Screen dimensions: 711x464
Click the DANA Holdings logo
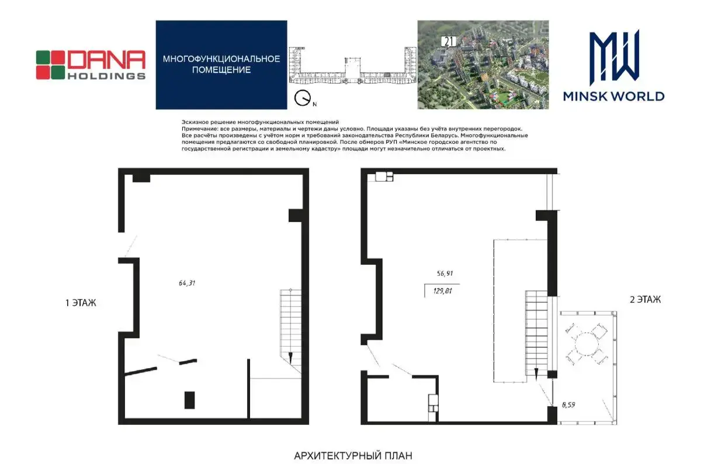91,65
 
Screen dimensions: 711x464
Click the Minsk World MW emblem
613,57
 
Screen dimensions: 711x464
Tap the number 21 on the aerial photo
449,41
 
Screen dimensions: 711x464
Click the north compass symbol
303,98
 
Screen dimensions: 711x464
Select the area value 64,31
187,283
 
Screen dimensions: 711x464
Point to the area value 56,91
445,273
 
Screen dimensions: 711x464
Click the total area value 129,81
442,291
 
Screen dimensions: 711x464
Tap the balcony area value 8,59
568,405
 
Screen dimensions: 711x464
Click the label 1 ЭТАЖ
81,303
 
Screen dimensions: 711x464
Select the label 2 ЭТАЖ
646,300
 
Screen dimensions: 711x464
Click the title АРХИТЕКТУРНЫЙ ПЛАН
353,456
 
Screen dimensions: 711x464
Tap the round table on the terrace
587,344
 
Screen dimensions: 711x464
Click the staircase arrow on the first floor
290,358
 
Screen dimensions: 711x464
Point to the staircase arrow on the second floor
536,374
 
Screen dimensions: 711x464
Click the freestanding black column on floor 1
189,400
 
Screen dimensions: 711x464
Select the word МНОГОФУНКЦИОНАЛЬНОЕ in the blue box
221,59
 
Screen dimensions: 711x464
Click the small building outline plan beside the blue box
352,65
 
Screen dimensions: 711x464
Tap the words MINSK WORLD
613,96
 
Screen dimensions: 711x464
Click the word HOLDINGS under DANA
106,76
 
